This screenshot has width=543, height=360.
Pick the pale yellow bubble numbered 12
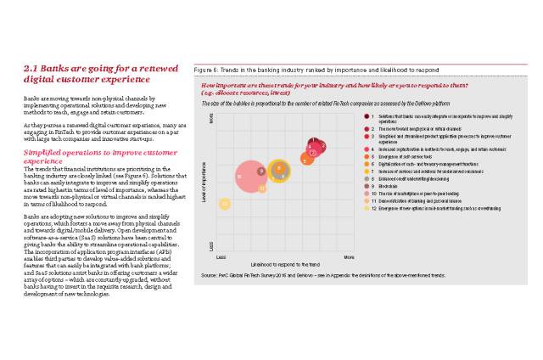point(225,204)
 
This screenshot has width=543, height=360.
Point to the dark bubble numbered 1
point(313,143)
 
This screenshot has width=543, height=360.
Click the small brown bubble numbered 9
point(261,171)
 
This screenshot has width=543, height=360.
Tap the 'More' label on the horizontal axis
point(348,256)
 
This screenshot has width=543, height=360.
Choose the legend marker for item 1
point(368,114)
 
